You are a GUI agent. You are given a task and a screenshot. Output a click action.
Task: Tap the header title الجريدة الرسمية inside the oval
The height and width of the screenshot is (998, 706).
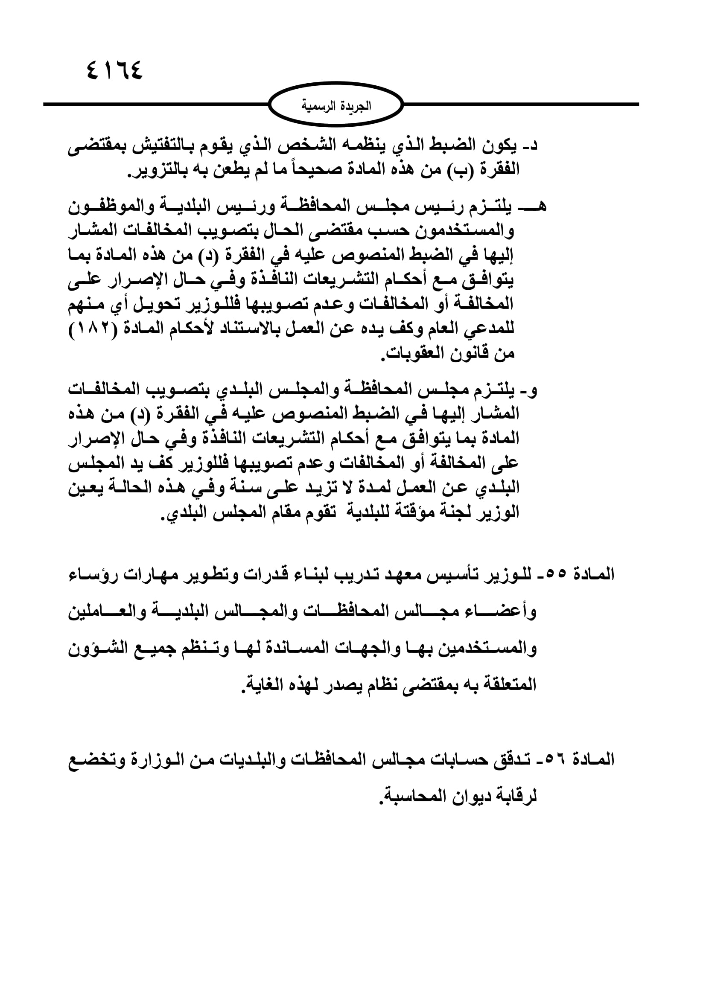coord(336,106)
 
